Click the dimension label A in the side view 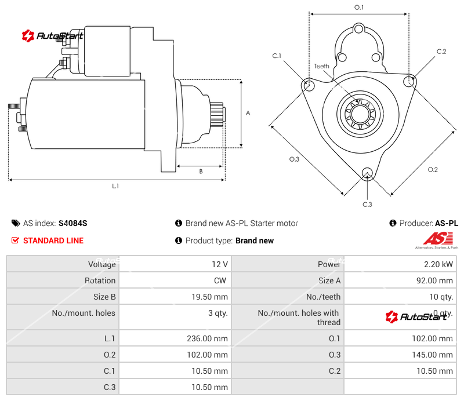coord(248,113)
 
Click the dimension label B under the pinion coord(201,171)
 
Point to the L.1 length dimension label coord(115,186)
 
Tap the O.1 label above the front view coord(359,8)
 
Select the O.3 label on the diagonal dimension coord(294,160)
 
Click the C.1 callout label coord(277,56)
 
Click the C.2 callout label coord(441,52)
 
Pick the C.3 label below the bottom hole coord(367,204)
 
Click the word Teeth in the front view coord(321,66)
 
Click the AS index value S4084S coord(72,223)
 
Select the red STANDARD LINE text coord(53,240)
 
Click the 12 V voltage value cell coord(219,264)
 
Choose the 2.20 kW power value coord(439,264)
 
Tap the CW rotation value coord(222,280)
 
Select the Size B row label coord(104,297)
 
